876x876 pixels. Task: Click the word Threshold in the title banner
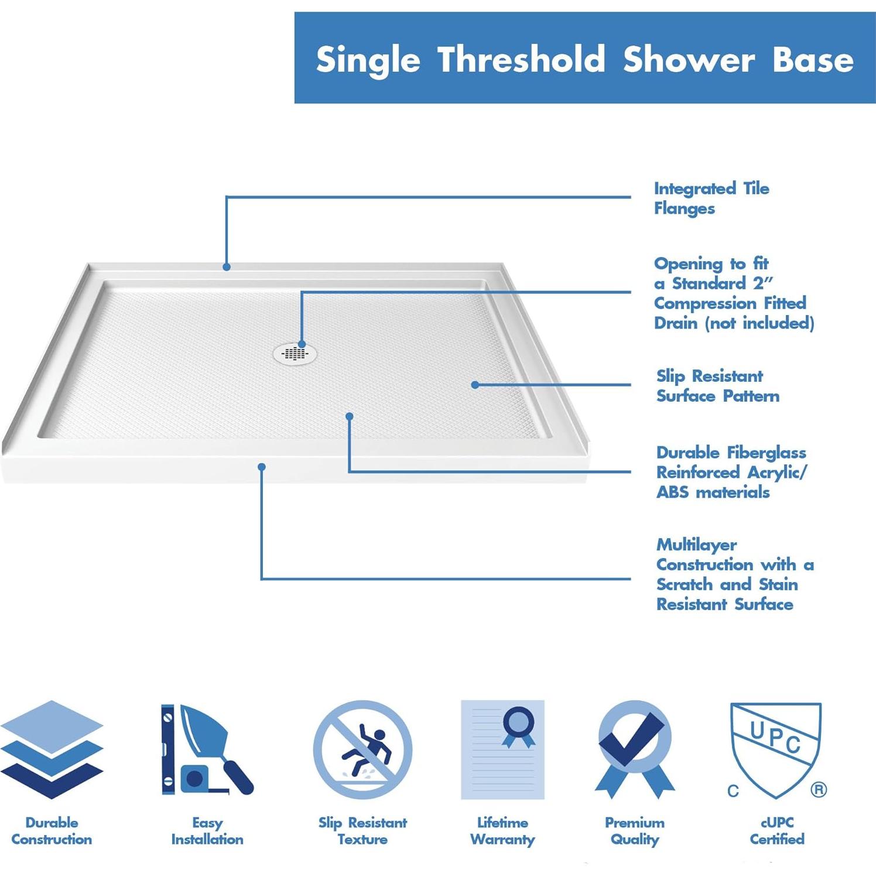coord(521,60)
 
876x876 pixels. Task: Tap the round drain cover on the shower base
coord(295,353)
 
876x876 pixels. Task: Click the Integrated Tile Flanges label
coord(711,198)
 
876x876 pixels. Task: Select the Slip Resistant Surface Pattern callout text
coord(717,386)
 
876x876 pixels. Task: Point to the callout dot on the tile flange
coord(227,267)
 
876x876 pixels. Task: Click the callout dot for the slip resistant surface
coord(475,385)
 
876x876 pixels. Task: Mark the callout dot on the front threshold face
coord(262,467)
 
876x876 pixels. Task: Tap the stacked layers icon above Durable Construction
coord(52,749)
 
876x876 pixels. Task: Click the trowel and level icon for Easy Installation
coord(206,749)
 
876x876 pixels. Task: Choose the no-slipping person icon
coord(362,750)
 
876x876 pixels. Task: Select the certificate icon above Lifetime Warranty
coord(502,749)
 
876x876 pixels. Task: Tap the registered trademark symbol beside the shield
coord(819,790)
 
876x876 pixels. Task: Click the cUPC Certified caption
coord(777,831)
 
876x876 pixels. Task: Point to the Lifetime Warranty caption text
coord(502,831)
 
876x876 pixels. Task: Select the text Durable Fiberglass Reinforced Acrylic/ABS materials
coord(731,472)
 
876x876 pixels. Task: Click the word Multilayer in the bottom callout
coord(696,545)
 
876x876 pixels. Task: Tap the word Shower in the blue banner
coord(689,60)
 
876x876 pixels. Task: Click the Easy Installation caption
coord(207,831)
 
